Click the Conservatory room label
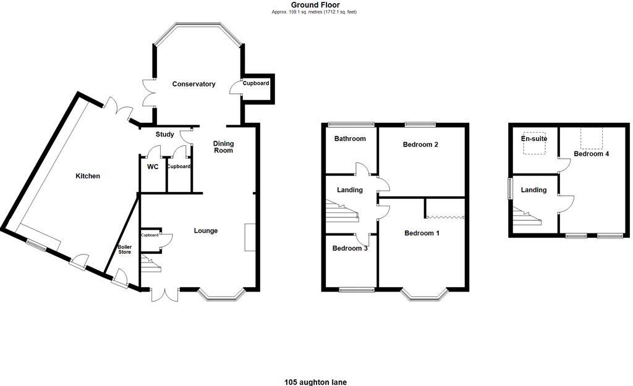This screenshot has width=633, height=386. point(193,84)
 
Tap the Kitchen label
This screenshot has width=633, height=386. point(88,176)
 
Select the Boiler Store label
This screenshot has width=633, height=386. point(124,249)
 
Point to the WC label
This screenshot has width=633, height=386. point(152,166)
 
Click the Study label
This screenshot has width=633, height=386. point(164,133)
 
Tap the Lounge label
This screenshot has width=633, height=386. point(205,231)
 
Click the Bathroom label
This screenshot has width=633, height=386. point(350,139)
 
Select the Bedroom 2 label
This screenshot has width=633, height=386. point(420,145)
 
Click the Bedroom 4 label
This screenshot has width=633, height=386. point(591,154)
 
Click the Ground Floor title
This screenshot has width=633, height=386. point(315,5)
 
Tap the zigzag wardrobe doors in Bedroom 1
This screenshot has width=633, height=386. point(445,217)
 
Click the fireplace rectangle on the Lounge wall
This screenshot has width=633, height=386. point(250,237)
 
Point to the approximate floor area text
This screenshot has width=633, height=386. point(315,12)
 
